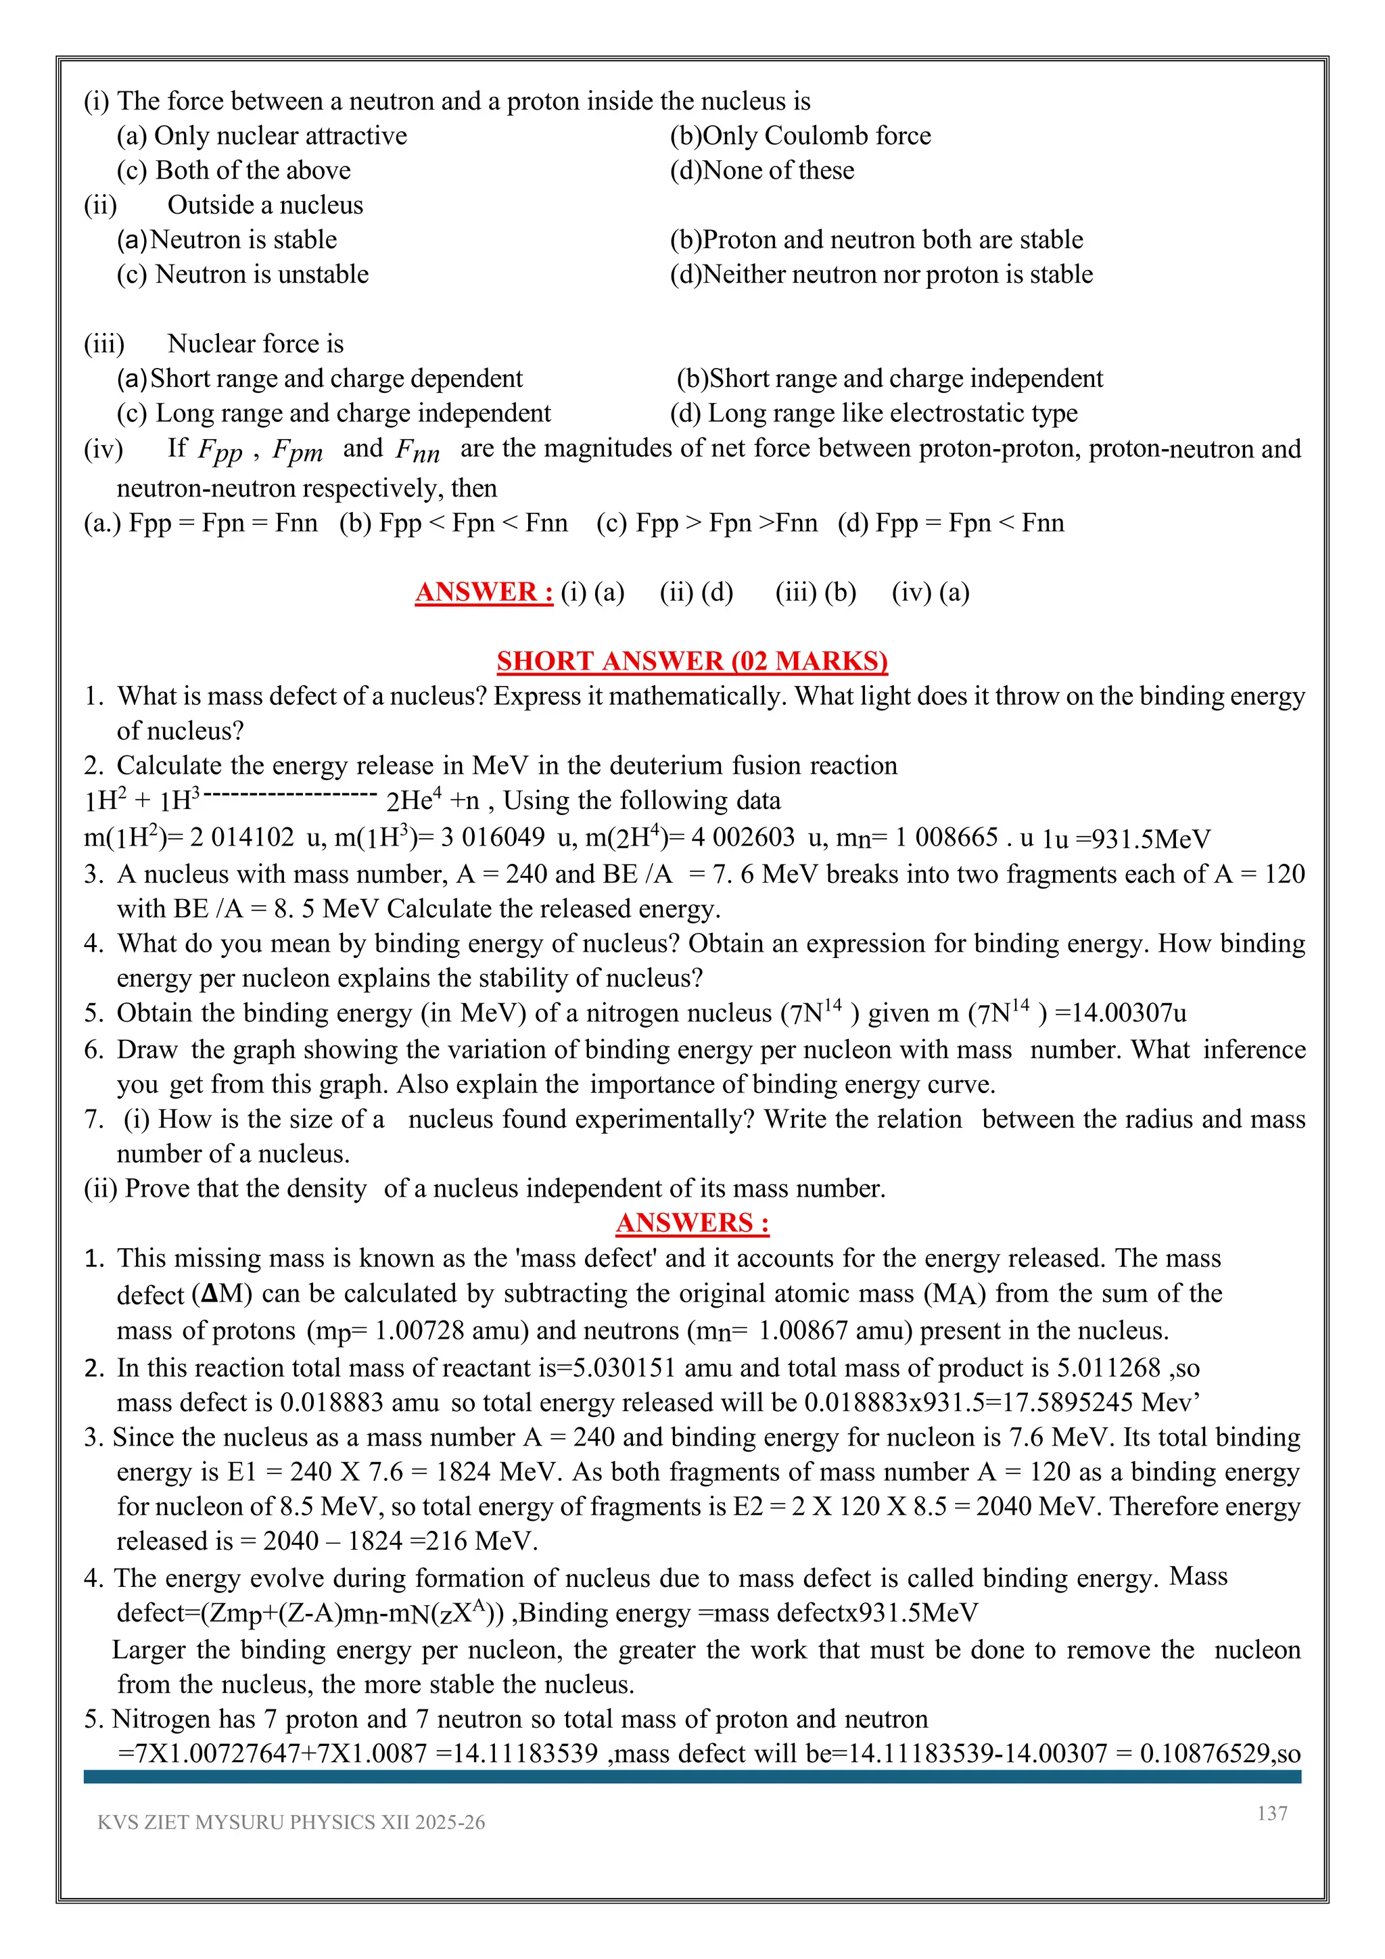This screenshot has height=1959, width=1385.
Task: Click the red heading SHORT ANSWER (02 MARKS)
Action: (692, 662)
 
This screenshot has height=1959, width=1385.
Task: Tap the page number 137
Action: (1271, 1813)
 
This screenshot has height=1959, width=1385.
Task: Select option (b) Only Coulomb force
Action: (800, 136)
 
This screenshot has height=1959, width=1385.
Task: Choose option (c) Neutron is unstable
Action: (243, 274)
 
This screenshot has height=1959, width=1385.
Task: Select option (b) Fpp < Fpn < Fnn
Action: (453, 522)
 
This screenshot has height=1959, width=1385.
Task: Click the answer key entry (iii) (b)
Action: (816, 592)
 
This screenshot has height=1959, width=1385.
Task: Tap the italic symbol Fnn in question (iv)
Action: (417, 451)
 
